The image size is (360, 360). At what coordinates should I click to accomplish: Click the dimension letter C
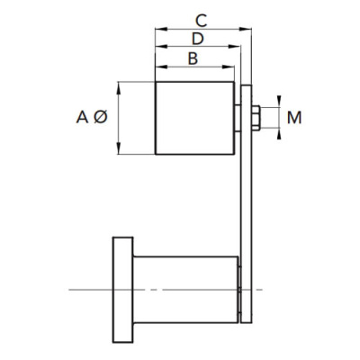201,21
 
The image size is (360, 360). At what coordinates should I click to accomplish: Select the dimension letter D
198,39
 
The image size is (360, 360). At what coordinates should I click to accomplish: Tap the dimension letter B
193,58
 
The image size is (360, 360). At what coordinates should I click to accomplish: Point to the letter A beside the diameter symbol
82,117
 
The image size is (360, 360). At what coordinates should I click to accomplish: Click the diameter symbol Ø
100,117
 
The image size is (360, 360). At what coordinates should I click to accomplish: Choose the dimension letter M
294,118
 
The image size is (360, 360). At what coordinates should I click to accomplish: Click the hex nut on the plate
256,118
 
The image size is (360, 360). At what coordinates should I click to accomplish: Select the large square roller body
194,118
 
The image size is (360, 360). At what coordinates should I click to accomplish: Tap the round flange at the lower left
123,290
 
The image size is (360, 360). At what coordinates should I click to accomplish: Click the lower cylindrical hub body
186,290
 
